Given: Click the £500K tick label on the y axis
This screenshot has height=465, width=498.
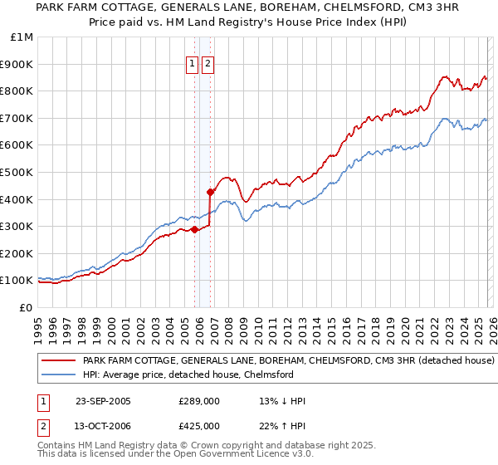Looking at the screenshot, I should click(17, 172).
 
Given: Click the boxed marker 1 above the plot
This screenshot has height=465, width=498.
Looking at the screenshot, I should click(193, 64).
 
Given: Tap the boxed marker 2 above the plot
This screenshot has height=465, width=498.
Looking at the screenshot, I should click(207, 64).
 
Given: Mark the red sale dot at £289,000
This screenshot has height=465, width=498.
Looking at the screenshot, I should click(194, 229).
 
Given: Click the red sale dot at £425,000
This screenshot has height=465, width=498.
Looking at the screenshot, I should click(210, 193).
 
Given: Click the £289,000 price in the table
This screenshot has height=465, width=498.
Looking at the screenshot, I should click(198, 401).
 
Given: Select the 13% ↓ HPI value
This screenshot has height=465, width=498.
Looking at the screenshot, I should click(282, 401).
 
